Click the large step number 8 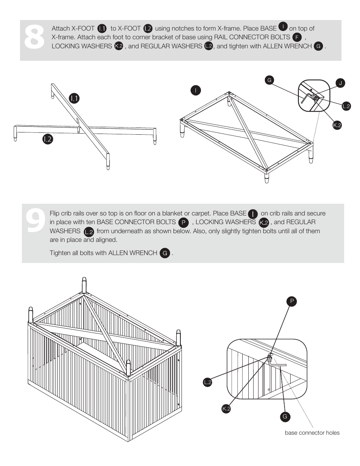[34, 37]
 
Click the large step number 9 [35, 220]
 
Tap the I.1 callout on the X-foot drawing [74, 98]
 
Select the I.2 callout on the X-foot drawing [48, 139]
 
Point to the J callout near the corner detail [340, 83]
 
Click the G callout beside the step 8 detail [269, 80]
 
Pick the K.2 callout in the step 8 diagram [337, 125]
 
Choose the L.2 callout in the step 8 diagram [346, 106]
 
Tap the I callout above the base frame [195, 90]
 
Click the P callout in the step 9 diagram [292, 301]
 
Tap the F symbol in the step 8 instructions [297, 37]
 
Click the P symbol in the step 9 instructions [183, 223]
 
